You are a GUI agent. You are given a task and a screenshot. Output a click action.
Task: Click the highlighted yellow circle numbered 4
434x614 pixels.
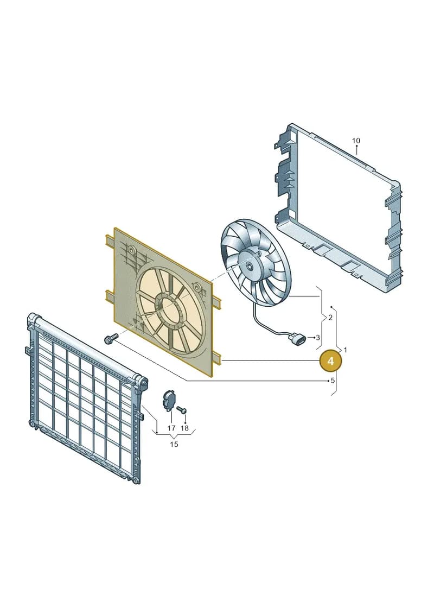[331, 360]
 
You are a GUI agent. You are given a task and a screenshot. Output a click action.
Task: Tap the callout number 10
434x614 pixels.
[356, 141]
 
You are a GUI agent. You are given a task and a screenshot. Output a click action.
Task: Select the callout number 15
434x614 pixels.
[174, 444]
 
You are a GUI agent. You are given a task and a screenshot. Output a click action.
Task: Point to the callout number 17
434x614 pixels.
[171, 428]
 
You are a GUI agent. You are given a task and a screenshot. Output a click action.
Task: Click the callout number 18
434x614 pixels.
[184, 428]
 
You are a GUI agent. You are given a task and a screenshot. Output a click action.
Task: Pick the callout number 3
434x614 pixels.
[318, 337]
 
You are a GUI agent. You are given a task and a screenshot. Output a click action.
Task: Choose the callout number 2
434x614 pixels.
[330, 317]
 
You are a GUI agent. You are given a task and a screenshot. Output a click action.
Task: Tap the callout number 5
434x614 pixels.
[333, 380]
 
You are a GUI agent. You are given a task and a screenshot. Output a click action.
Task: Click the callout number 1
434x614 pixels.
[345, 350]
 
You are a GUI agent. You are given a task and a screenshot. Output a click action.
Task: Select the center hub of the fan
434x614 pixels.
[250, 265]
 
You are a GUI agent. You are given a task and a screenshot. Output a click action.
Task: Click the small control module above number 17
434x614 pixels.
[169, 400]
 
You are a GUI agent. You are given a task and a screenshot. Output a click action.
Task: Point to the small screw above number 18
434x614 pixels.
[182, 410]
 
